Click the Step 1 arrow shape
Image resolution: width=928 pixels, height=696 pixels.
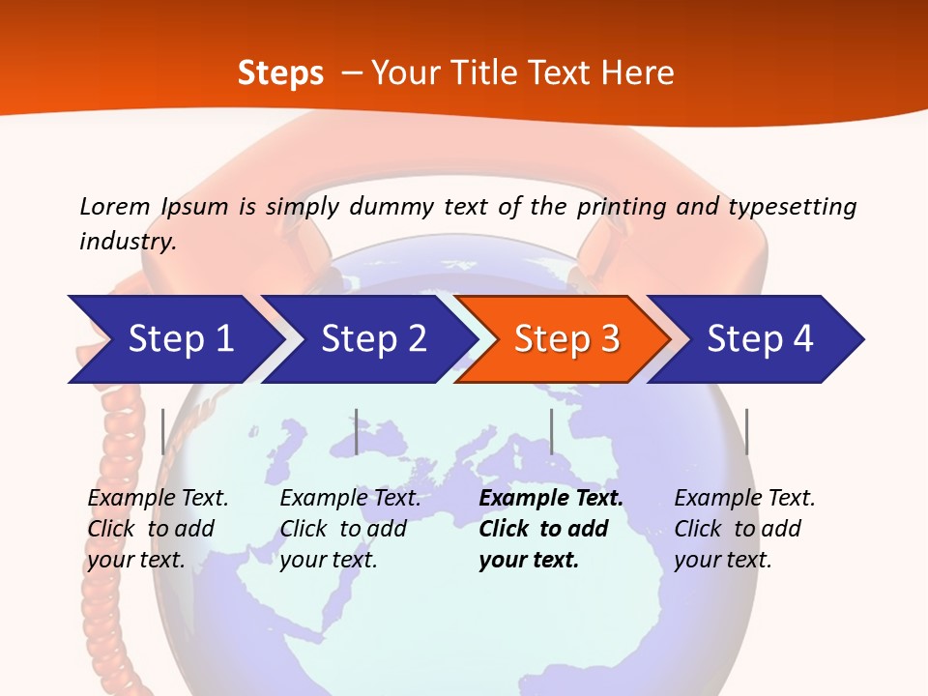(x=179, y=339)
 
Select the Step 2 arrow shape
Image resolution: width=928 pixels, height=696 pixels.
(x=372, y=339)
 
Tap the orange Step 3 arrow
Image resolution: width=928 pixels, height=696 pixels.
(x=565, y=339)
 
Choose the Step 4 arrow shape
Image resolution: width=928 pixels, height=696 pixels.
(x=759, y=339)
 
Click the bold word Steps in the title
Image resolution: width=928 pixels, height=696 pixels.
(x=280, y=73)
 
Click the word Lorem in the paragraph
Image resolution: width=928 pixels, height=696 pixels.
(x=115, y=206)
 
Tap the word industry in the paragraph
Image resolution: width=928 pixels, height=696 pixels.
(x=128, y=242)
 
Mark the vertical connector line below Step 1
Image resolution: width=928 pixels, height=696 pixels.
(x=162, y=431)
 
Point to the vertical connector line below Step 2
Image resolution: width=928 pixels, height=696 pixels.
(x=356, y=431)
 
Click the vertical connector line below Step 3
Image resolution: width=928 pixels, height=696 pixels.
(x=551, y=431)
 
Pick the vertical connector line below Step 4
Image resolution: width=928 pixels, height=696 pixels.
(x=746, y=431)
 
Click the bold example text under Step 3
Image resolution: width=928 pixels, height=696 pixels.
(x=549, y=529)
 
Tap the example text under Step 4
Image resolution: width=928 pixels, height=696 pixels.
(x=742, y=529)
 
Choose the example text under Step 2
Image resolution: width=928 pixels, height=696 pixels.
(x=348, y=529)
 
